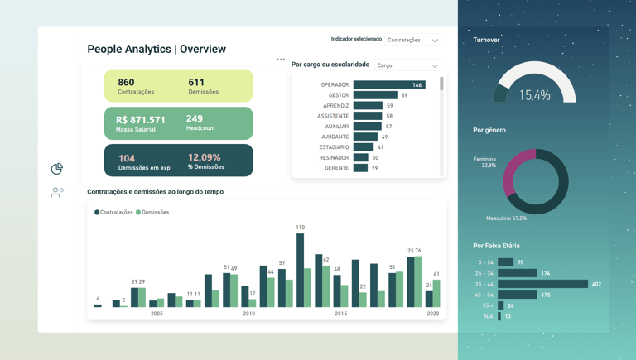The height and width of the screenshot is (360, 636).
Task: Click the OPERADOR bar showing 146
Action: [x=388, y=84]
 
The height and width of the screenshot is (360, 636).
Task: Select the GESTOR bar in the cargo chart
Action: [x=375, y=95]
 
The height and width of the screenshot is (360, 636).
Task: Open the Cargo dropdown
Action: [x=407, y=65]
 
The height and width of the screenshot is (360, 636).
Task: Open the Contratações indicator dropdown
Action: [x=413, y=40]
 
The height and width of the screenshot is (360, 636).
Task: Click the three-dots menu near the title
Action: [x=281, y=59]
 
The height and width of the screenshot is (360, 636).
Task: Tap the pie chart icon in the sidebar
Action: [x=56, y=169]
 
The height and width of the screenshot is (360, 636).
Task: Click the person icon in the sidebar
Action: [x=56, y=192]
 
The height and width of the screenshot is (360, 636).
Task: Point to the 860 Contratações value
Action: [x=127, y=83]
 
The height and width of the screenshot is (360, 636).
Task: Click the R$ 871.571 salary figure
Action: [x=140, y=120]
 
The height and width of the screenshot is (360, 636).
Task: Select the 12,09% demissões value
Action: [x=204, y=157]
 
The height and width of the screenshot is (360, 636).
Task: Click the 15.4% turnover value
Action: [x=534, y=95]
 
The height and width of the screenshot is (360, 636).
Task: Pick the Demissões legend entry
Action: [x=153, y=212]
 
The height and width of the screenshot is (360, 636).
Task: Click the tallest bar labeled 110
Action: [x=300, y=270]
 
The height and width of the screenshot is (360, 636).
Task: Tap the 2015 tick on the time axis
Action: [x=340, y=314]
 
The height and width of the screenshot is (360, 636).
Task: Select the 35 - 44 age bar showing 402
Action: [x=542, y=284]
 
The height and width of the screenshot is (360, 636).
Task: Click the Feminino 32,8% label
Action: [x=484, y=162]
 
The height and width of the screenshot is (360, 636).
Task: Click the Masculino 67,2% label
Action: [x=506, y=218]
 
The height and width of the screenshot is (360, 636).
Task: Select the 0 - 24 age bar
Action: [x=505, y=262]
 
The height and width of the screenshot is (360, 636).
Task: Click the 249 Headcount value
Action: [x=195, y=119]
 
